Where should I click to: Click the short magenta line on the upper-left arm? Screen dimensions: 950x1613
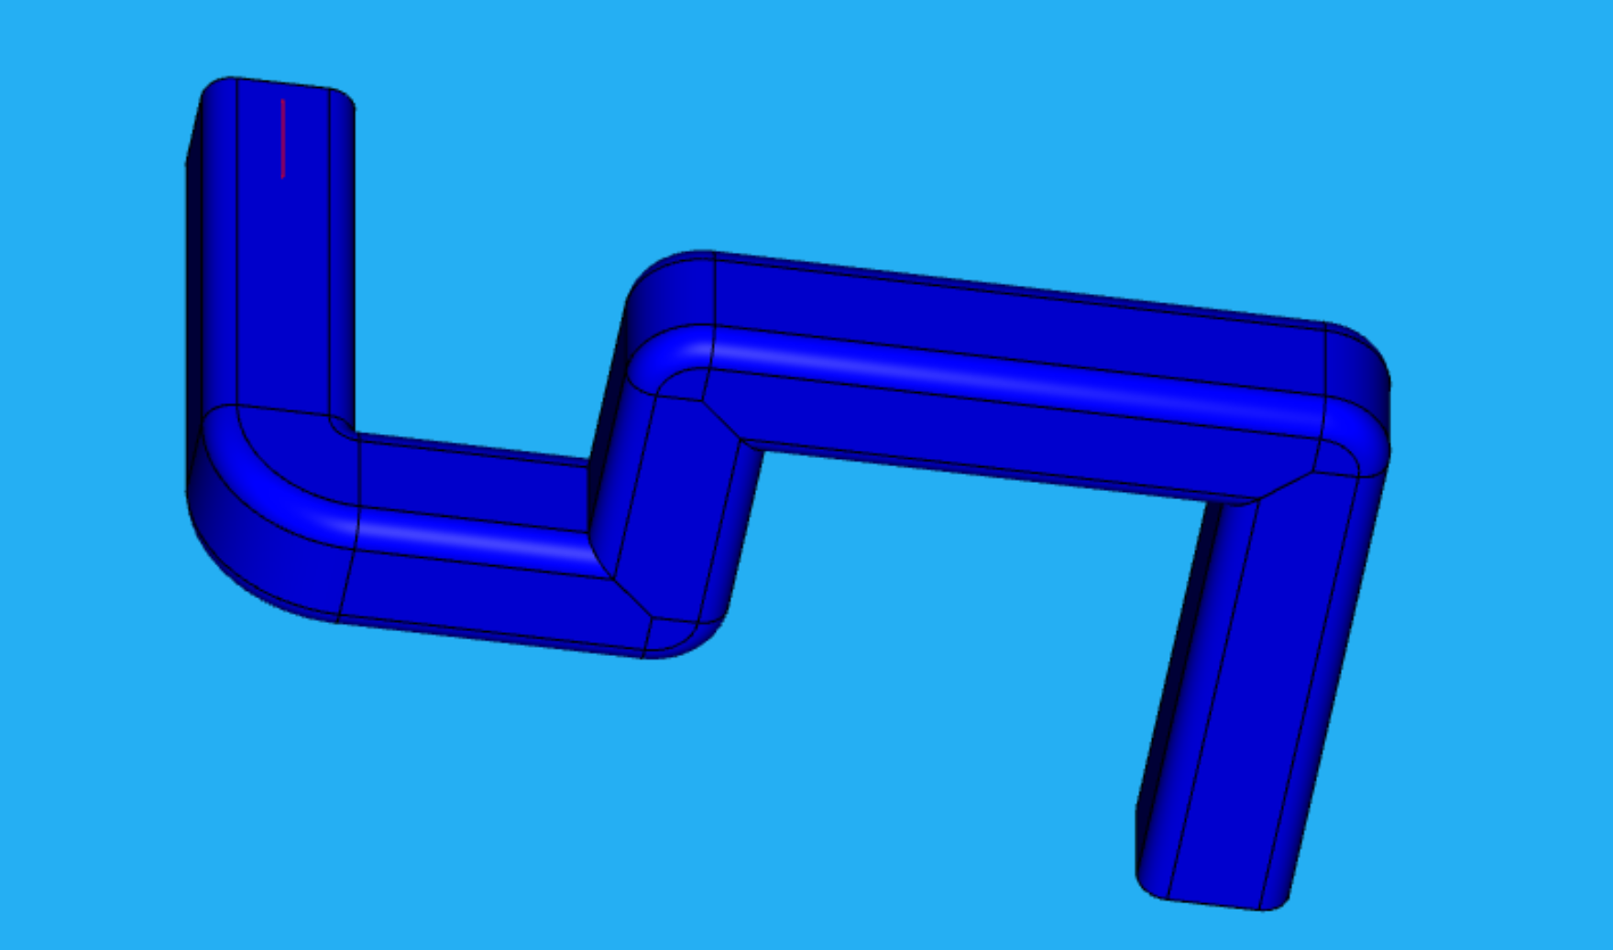(x=282, y=137)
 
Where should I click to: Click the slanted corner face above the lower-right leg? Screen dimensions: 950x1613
(x=1283, y=486)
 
